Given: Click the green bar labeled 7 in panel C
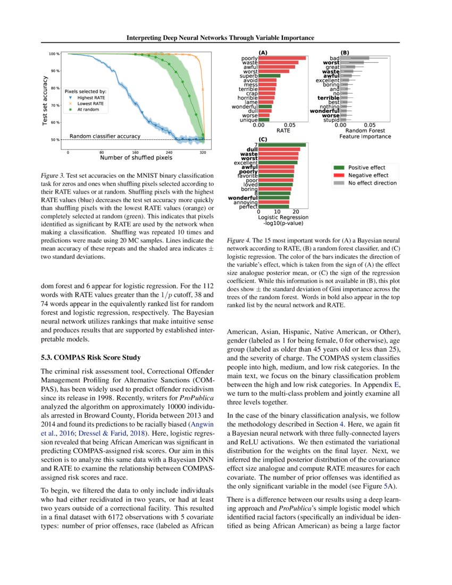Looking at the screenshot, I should (282, 145).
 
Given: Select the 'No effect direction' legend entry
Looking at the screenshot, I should (372, 183).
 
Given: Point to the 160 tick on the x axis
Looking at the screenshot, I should (136, 152).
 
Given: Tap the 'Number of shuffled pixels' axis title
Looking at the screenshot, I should (136, 157).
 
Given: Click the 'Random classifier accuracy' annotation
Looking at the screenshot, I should (105, 136).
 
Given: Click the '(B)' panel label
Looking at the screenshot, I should (345, 53).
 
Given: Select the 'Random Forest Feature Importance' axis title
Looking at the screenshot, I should (365, 133).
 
